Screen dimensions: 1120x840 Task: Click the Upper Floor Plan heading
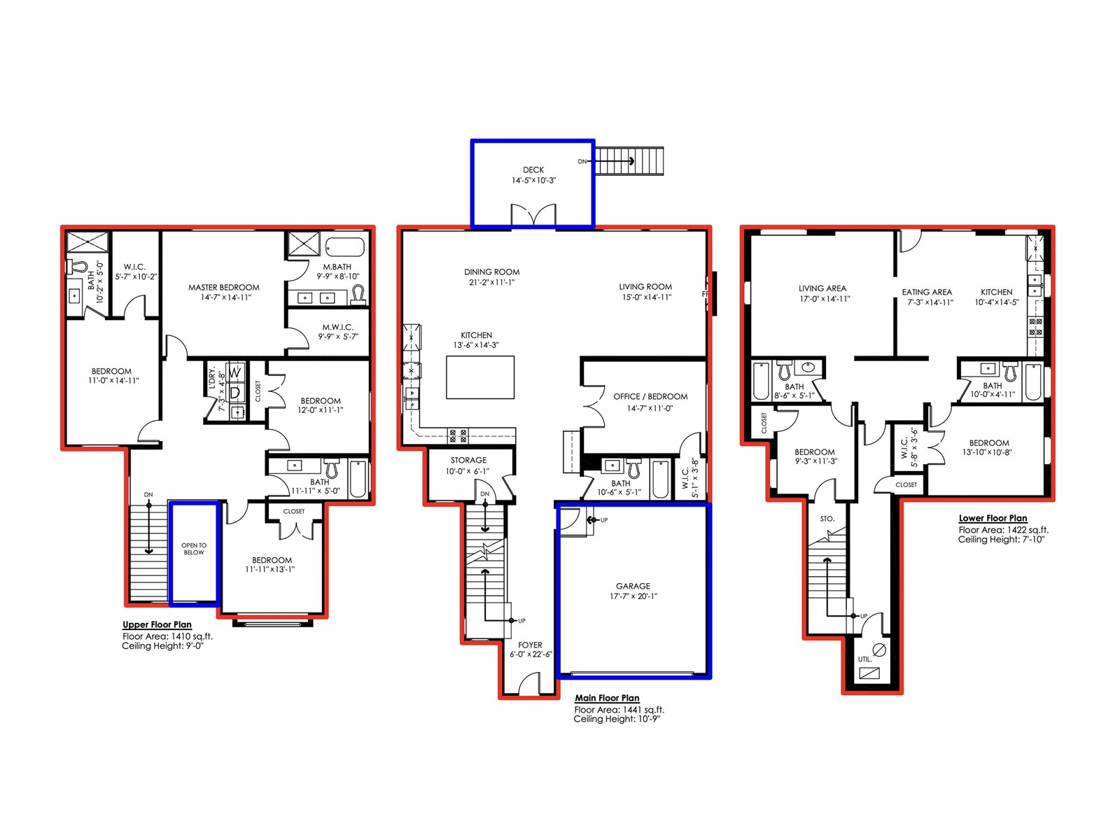157,624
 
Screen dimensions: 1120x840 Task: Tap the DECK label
533,170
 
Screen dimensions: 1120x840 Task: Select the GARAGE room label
633,586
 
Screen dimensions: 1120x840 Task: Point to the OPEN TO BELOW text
194,549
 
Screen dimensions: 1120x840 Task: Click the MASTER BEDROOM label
223,287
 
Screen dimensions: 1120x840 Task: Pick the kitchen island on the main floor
480,377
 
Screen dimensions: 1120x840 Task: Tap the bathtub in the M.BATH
345,247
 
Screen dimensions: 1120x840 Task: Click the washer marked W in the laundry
235,373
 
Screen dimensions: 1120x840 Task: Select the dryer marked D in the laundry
235,393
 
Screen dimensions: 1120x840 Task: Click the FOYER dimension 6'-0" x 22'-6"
531,654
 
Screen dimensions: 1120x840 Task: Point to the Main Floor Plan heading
607,698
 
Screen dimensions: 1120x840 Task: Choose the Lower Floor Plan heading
993,518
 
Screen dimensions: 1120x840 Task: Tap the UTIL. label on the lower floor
865,659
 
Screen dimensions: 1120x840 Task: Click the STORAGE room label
468,460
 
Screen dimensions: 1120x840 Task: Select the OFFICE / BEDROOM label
650,396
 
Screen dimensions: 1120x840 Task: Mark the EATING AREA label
927,292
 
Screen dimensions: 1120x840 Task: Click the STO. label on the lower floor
827,519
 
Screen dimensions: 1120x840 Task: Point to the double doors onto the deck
533,215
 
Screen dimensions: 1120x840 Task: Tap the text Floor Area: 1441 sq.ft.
619,709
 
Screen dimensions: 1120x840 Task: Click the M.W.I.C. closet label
337,327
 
